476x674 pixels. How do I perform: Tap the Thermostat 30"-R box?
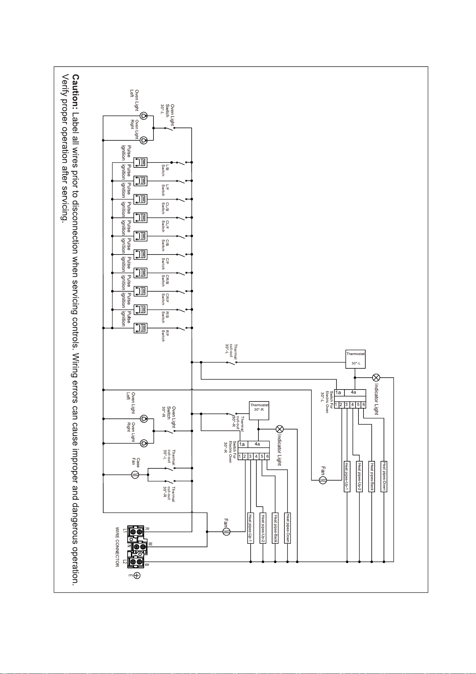coord(259,410)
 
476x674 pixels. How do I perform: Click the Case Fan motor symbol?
coord(135,475)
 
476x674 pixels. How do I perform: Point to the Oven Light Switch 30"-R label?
coord(169,416)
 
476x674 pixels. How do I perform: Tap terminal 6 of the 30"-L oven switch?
coord(363,404)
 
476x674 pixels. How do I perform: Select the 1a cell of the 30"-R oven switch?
coord(242,444)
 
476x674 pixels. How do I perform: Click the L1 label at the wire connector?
coord(125,531)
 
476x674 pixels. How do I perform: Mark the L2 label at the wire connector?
coord(125,562)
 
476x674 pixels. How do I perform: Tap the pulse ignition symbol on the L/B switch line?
coord(140,162)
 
